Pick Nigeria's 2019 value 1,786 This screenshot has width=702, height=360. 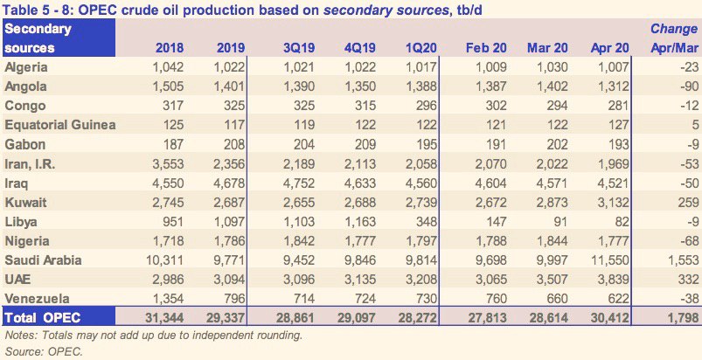(230, 242)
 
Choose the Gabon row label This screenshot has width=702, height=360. (24, 145)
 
